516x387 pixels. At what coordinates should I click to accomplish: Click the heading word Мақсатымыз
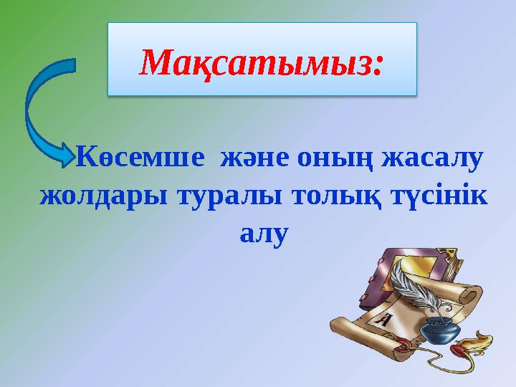(254, 63)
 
